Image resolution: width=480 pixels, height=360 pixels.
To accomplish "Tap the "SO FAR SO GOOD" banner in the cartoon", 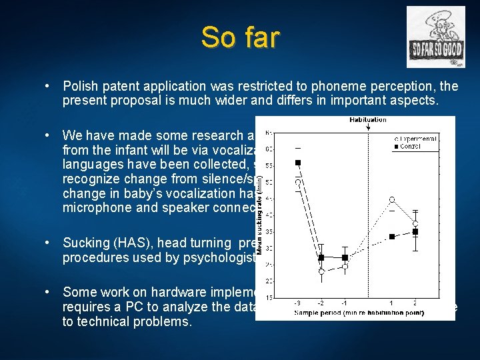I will (x=437, y=49).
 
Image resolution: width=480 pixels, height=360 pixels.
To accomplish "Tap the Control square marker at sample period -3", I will (x=298, y=162).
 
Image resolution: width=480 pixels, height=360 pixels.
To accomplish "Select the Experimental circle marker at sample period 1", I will (x=392, y=199).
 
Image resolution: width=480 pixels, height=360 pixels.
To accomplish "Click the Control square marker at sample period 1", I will (x=392, y=236).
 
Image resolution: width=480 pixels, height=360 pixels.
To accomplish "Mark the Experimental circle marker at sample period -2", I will (x=321, y=271).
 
